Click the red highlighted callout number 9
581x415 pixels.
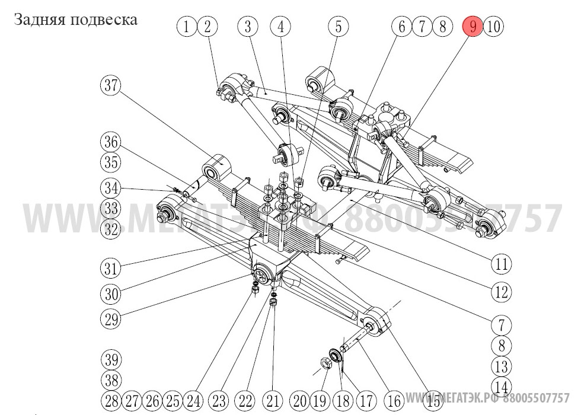click(x=473, y=26)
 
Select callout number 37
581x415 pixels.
click(x=110, y=85)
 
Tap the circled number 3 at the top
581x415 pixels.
click(x=248, y=26)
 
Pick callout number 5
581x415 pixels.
click(x=281, y=26)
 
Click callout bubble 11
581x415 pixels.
click(x=338, y=26)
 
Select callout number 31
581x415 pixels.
click(x=110, y=268)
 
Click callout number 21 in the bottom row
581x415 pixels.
click(x=273, y=400)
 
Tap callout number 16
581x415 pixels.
click(x=394, y=400)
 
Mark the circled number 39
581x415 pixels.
click(x=110, y=360)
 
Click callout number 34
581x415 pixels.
click(x=110, y=189)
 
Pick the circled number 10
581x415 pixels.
click(x=494, y=26)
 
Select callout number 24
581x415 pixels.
click(x=193, y=400)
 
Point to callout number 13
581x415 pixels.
click(x=502, y=366)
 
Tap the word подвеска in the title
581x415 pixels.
click(x=104, y=20)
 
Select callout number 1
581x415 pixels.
click(x=187, y=26)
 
